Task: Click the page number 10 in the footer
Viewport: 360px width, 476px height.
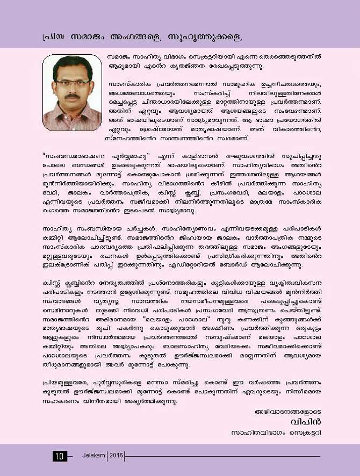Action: coord(59,456)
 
